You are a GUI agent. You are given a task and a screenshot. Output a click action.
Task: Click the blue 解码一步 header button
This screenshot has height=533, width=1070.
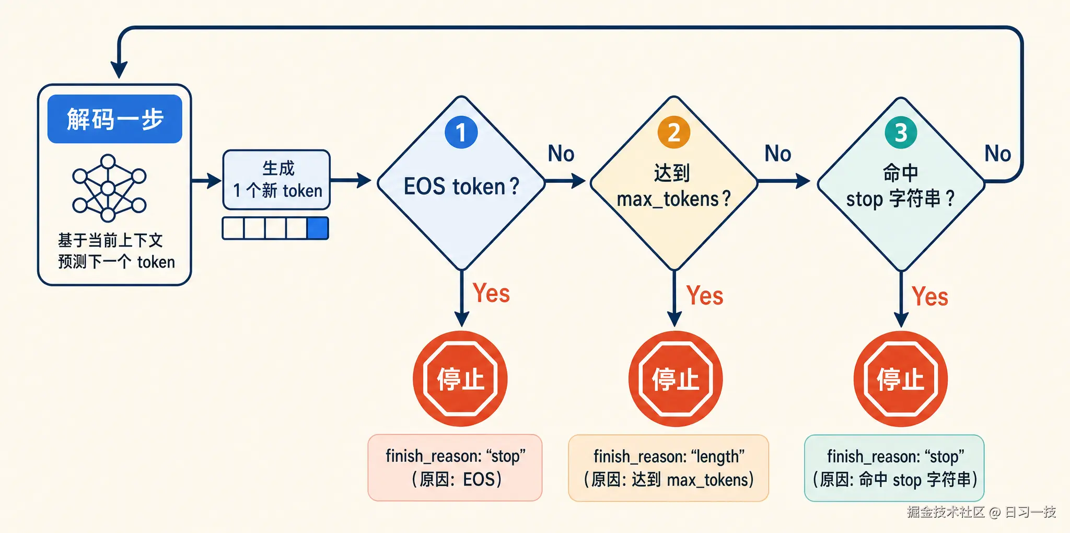[x=115, y=119]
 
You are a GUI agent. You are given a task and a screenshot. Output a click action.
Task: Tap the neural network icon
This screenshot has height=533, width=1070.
[x=109, y=188]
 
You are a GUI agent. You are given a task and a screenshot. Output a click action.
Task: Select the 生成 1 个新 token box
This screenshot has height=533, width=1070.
[x=276, y=180]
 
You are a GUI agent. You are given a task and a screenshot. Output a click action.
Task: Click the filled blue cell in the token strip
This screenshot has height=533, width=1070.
[x=318, y=228]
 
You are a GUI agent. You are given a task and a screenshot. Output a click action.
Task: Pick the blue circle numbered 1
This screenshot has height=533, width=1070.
[x=461, y=132]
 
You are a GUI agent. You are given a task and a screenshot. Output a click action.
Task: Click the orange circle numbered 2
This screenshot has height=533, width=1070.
[x=674, y=132]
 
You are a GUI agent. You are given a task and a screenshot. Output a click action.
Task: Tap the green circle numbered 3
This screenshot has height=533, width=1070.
[x=901, y=133]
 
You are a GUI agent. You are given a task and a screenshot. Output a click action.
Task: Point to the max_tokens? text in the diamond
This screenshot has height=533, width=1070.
[x=674, y=199]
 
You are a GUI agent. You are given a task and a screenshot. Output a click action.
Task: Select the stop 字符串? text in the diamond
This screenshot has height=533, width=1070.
[x=901, y=199]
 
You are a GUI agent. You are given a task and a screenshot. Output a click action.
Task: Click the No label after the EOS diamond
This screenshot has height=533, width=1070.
[x=561, y=154]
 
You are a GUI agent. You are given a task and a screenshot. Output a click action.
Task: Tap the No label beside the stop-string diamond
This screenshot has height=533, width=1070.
[x=998, y=154]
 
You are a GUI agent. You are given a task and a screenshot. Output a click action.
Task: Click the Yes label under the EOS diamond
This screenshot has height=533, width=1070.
[x=491, y=293]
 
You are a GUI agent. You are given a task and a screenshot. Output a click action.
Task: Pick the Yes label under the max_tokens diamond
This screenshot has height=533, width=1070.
[x=705, y=296]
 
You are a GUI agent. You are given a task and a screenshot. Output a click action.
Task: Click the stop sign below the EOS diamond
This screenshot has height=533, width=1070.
[x=460, y=379]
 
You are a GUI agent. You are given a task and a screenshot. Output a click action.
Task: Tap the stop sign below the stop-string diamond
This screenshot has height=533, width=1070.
[x=901, y=379]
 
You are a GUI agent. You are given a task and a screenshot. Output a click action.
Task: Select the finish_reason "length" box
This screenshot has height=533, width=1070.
[x=669, y=468]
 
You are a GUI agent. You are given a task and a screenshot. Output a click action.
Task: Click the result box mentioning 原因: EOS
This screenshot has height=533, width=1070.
[x=455, y=468]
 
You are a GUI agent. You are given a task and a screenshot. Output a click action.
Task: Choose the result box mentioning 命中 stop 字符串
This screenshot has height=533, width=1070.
[x=894, y=468]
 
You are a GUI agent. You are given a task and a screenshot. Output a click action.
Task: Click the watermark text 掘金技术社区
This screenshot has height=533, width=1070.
[x=946, y=512]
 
